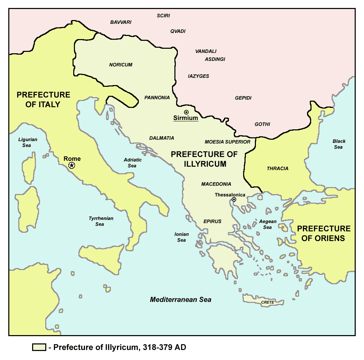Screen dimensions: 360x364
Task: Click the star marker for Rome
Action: pos(72,166)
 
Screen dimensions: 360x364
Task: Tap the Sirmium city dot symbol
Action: pos(186,112)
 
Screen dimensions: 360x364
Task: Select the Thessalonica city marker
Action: pos(234,200)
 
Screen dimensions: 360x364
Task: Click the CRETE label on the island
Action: pos(268,302)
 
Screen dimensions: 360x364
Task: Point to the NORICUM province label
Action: pos(121,65)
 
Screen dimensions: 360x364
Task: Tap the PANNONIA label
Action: pos(157,98)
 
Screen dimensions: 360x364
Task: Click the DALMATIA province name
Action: pos(162,138)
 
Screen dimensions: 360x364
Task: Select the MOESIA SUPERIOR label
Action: pos(227,142)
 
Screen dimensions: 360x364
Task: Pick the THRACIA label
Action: pos(277,168)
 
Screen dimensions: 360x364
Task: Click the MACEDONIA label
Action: pos(216,184)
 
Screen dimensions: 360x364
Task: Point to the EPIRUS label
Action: pos(212,221)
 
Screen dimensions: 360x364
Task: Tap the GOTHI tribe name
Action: pos(262,124)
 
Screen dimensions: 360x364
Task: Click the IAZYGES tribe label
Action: pos(199,76)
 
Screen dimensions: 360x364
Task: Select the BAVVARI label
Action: pos(121,22)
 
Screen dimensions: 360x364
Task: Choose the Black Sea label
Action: pos(339,144)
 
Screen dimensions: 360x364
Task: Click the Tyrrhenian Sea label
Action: pos(101,221)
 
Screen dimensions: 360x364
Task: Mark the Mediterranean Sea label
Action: pos(181,300)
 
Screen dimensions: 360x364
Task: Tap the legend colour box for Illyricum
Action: pos(39,347)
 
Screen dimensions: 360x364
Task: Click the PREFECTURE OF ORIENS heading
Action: pos(324,233)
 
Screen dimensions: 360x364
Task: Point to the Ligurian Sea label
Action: pos(28,142)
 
